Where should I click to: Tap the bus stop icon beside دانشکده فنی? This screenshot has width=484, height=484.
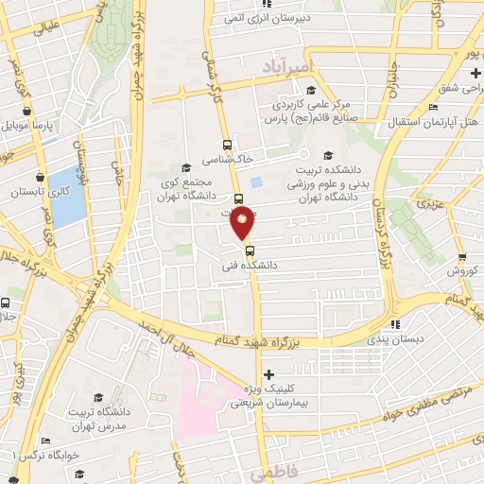[250, 251]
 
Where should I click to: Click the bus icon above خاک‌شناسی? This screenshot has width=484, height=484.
[226, 146]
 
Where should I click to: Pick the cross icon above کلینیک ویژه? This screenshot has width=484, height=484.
[270, 374]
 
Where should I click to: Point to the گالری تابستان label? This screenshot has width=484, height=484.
[37, 191]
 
